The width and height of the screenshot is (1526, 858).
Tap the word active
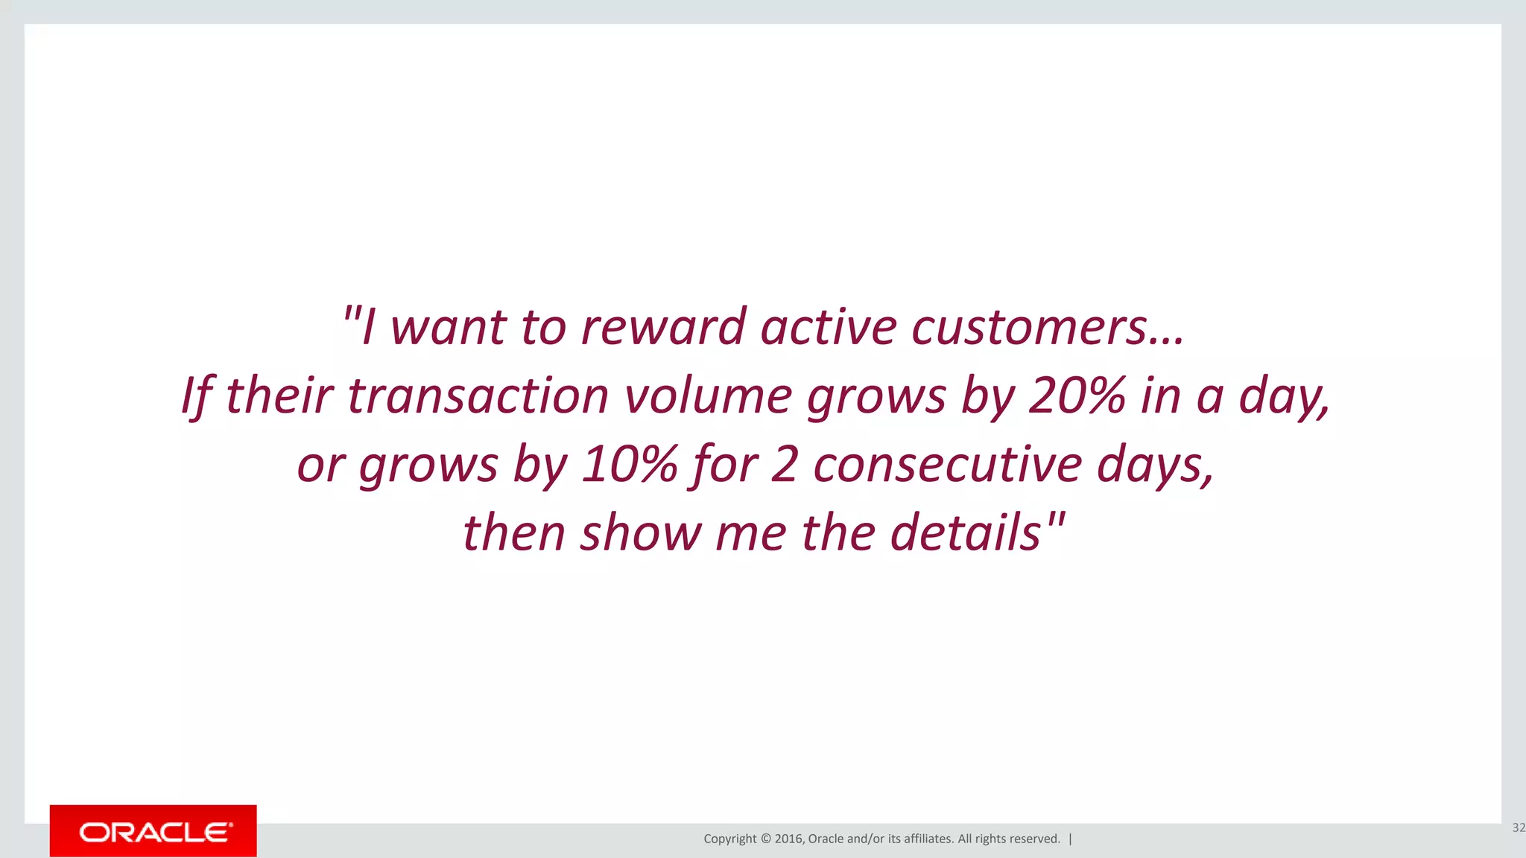(829, 328)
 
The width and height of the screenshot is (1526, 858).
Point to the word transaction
(478, 395)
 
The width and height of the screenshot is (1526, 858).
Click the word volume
(709, 395)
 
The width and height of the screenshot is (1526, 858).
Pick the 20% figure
(1076, 395)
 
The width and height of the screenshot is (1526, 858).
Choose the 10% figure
(629, 465)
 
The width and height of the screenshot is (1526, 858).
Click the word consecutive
(947, 465)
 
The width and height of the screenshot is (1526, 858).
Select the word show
(641, 533)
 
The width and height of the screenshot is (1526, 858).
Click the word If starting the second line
(197, 395)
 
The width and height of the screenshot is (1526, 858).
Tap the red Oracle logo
(153, 831)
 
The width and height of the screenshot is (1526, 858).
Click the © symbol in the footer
(766, 839)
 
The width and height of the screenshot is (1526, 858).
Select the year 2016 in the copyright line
(788, 839)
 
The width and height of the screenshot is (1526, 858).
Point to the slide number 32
(1518, 827)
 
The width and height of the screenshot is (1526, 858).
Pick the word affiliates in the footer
(928, 839)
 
